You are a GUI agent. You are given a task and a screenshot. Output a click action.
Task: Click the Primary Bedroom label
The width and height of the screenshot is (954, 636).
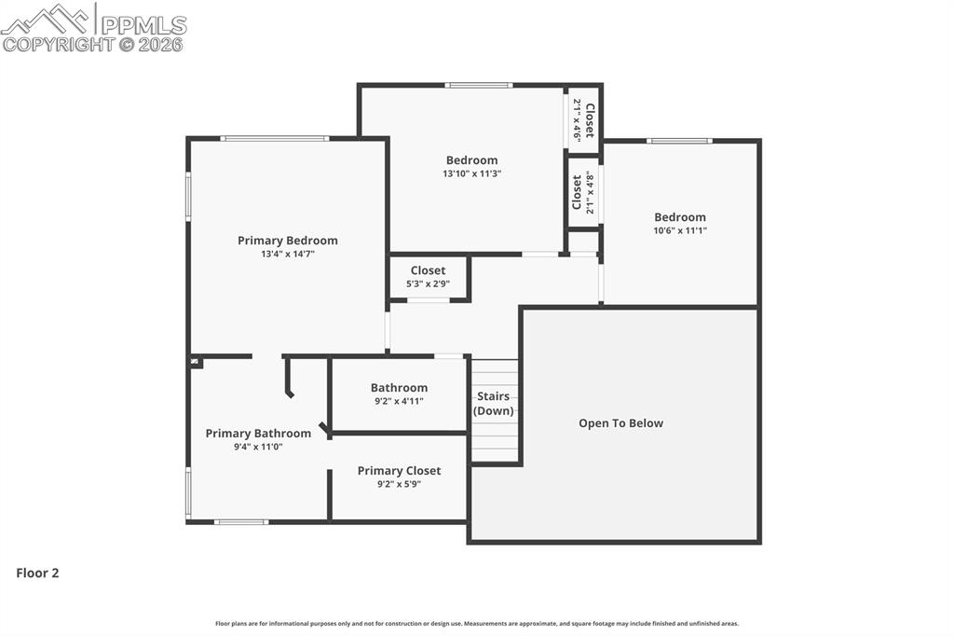pos(287,241)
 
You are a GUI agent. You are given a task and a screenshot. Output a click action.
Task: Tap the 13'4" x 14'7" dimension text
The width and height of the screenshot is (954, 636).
pos(287,254)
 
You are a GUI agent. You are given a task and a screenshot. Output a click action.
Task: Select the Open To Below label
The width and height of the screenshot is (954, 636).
pos(620,423)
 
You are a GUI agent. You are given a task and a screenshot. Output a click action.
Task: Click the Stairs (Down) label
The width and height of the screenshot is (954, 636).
pos(493,404)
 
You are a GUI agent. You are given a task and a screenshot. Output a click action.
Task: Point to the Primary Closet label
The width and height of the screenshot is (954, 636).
pos(399,471)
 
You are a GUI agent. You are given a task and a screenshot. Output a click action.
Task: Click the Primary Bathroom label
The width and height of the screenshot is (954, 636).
pos(258,434)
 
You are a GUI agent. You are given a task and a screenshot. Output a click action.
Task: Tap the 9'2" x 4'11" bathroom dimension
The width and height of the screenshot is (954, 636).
pos(399,401)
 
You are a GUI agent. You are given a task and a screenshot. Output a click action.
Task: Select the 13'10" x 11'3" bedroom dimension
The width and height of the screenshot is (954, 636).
pos(471,173)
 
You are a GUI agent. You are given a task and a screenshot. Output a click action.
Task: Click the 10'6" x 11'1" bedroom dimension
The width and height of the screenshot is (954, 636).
pos(679,230)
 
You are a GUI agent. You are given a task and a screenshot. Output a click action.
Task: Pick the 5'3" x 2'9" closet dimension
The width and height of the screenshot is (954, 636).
pos(428,283)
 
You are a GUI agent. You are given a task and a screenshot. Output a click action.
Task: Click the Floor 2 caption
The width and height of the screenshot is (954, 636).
pos(37,574)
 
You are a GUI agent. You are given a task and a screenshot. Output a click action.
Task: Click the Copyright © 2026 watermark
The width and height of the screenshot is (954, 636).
pos(93,44)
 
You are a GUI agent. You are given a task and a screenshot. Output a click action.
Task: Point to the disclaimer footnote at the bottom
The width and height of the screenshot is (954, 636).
pos(477,624)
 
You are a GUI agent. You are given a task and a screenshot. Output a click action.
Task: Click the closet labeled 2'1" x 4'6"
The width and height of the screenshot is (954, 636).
pos(583,119)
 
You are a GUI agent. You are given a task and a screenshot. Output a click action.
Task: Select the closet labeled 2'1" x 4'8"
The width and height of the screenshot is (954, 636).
pos(583,192)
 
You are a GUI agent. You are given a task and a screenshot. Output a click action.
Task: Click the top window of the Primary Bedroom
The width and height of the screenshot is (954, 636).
pos(274,139)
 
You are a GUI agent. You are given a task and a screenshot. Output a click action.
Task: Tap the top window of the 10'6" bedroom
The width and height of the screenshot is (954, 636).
pos(679,141)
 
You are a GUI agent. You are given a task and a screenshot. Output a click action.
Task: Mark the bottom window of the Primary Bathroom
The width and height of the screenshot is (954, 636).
pos(241,522)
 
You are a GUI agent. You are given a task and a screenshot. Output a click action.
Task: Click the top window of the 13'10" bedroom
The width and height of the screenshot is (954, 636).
pos(478,85)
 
